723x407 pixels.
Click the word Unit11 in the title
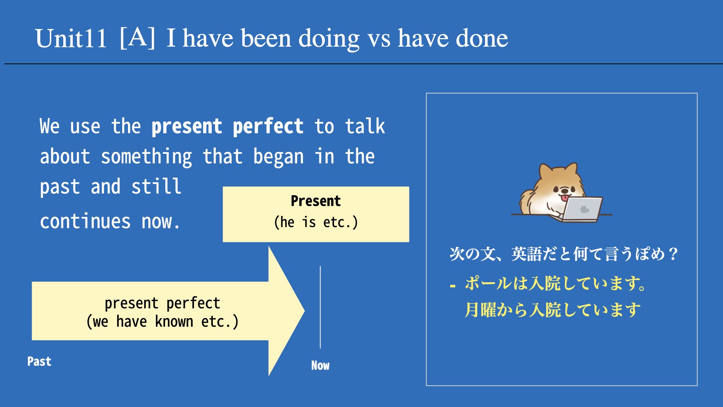(x=71, y=38)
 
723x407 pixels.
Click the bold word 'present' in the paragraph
(x=187, y=127)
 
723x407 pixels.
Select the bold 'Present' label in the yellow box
(x=316, y=201)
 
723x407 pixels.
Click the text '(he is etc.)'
(x=316, y=222)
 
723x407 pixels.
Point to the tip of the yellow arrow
(x=304, y=311)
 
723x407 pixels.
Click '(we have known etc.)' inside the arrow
(x=162, y=321)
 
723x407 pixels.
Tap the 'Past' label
(x=39, y=361)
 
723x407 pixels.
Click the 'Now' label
(x=320, y=365)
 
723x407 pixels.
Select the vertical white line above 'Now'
(x=320, y=307)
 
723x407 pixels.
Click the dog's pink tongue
(x=565, y=197)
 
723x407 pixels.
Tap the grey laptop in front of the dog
(x=581, y=210)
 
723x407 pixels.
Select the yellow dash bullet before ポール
(x=453, y=286)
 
